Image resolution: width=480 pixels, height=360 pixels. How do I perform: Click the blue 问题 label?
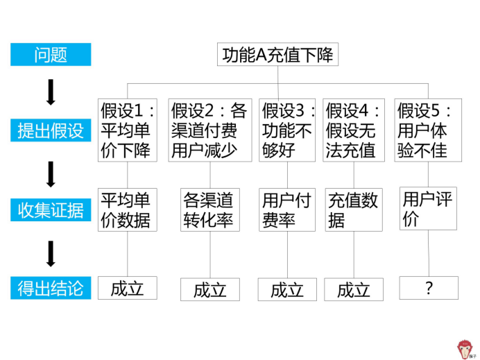point(51,55)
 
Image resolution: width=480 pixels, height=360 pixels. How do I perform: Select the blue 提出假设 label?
point(51,130)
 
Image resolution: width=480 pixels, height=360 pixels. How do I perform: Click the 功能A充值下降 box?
point(278,54)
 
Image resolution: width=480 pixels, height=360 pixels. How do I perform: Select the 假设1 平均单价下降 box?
point(128,130)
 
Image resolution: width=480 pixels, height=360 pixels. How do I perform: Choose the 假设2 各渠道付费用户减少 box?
point(210,130)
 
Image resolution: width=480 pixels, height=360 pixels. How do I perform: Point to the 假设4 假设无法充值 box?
point(354,130)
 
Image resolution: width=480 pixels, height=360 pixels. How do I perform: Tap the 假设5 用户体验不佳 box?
point(427,130)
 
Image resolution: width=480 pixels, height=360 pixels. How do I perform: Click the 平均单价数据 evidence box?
point(126,209)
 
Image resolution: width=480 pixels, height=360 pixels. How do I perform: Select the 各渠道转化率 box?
point(210,209)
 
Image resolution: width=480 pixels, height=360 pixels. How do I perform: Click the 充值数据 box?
point(354,209)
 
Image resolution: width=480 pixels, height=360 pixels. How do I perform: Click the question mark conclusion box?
point(429,288)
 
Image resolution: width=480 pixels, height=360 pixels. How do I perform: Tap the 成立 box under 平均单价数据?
point(128,287)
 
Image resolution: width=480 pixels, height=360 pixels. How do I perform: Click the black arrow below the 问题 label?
point(51,92)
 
